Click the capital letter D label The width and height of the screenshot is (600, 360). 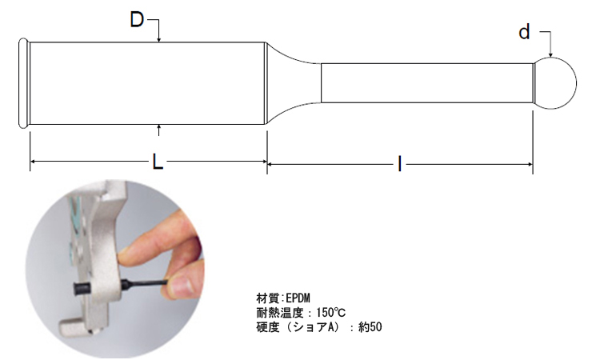137,19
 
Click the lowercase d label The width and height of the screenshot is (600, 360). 524,32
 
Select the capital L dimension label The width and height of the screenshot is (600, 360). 158,162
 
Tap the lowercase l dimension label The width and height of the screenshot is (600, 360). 400,164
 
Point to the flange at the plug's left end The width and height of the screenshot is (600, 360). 23,83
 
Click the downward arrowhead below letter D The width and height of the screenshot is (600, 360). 159,38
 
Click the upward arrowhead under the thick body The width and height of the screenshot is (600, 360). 159,128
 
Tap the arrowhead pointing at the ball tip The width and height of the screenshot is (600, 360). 550,54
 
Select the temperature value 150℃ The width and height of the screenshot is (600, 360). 331,313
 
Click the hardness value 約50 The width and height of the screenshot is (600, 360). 370,327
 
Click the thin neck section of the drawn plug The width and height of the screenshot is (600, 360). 427,83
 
